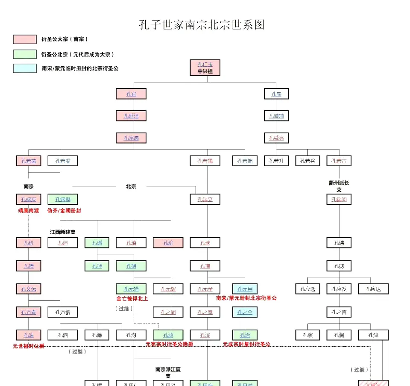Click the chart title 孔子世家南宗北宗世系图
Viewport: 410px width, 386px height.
click(202, 24)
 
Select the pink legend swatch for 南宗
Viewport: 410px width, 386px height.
click(24, 39)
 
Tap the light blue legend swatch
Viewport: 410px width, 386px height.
click(24, 68)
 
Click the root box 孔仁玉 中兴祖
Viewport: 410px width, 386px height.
click(205, 68)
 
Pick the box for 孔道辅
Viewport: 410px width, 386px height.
click(276, 116)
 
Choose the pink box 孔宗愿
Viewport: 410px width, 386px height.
click(131, 138)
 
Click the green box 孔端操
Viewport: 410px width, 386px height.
click(63, 199)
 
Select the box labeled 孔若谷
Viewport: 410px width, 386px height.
click(307, 161)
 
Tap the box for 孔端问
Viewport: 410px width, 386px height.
click(339, 199)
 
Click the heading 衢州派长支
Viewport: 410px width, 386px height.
click(339, 186)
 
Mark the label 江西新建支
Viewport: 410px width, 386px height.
click(63, 232)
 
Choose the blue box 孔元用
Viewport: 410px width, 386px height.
click(245, 289)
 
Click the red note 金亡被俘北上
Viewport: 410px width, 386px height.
click(132, 298)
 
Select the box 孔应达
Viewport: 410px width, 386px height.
click(373, 289)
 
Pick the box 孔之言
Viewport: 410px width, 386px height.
click(339, 312)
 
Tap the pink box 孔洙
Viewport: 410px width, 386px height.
click(29, 335)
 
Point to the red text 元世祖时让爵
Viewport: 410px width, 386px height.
click(29, 346)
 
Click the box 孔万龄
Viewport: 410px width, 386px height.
click(63, 312)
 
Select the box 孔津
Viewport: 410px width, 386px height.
click(373, 335)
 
